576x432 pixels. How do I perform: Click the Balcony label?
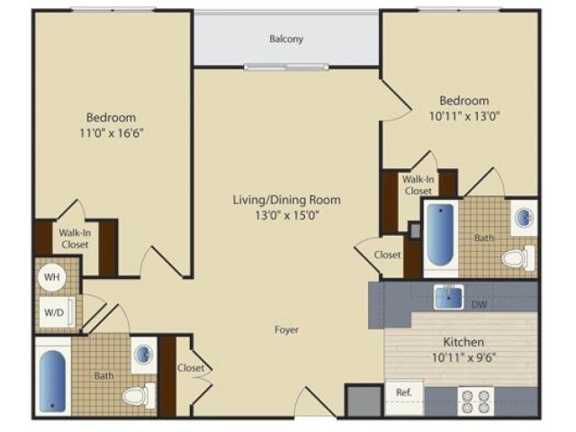point(286,39)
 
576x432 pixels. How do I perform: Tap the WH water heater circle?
point(52,277)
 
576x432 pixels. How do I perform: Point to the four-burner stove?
point(476,400)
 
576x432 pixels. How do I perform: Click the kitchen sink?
point(448,296)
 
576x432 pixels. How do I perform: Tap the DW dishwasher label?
point(478,304)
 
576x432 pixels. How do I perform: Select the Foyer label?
point(286,330)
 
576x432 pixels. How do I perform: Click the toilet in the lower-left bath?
point(139,396)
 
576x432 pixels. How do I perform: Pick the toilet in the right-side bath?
point(518,258)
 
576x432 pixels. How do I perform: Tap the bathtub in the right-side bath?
point(440,234)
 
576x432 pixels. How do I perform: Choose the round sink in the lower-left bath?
point(144,355)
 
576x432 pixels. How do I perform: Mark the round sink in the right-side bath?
point(524,218)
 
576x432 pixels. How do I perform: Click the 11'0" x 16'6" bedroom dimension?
point(111,132)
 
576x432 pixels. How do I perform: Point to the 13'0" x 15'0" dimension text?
point(287,215)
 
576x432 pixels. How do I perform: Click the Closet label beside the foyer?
point(191,368)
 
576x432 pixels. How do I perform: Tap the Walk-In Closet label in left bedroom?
point(75,238)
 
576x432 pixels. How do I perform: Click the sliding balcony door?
point(286,67)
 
